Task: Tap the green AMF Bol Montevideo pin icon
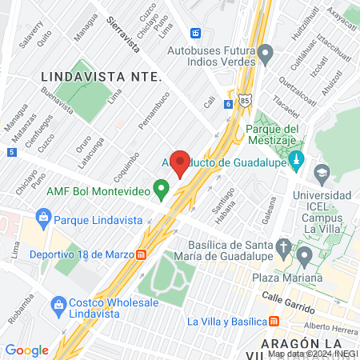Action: coord(162,190)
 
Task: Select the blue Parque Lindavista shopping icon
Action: coord(43,216)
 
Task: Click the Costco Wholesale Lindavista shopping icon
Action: coord(58,305)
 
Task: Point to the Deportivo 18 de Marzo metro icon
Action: coord(141,254)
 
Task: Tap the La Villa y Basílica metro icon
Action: coord(274,322)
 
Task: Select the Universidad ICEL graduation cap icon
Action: coord(321,172)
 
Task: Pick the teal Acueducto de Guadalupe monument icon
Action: coord(296,158)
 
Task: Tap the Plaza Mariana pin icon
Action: coord(304,257)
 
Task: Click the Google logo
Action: coord(26,350)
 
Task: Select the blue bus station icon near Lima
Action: coord(195,34)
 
